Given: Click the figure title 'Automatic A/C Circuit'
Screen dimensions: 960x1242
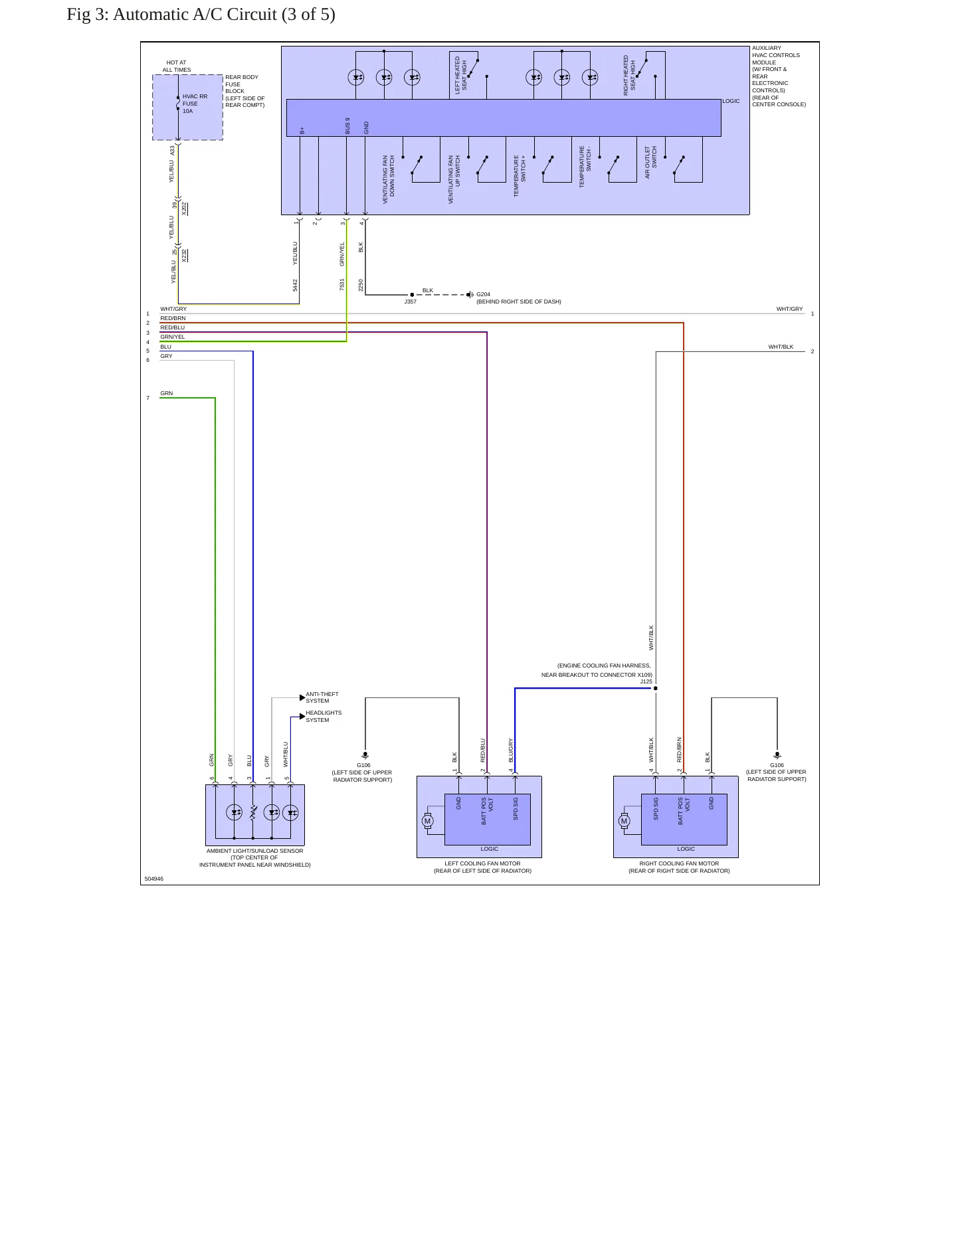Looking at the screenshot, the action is point(195,15).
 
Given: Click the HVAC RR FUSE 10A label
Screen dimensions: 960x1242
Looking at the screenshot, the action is point(195,104).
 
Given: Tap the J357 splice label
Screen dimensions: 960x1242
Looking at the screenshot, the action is point(411,302).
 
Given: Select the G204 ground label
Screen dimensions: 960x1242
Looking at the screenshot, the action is point(483,294).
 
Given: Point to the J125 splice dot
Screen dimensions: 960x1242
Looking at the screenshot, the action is point(656,688).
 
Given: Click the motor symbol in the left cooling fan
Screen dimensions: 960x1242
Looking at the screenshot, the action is point(427,821).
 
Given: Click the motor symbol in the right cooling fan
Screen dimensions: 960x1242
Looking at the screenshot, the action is point(624,821).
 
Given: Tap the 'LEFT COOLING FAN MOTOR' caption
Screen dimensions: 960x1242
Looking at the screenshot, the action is point(482,863).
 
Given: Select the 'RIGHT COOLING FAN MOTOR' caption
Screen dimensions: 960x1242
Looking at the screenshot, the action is point(679,863).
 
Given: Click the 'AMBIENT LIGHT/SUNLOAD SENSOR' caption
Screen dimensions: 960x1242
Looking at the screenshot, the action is point(254,851).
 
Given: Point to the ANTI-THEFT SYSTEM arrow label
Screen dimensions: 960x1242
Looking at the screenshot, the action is point(322,697).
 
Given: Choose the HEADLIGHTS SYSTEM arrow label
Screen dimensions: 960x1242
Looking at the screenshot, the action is point(324,716).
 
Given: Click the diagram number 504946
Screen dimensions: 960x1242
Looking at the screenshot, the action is point(153,879).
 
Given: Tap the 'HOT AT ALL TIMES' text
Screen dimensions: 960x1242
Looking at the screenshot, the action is point(177,66).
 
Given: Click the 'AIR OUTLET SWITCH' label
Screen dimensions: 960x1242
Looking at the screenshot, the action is point(650,162).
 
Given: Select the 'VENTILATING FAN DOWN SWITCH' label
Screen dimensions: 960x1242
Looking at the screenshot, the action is point(389,179).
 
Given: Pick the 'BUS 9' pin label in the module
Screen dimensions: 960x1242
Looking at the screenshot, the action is point(347,126).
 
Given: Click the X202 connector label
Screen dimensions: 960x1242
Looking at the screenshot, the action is point(184,209).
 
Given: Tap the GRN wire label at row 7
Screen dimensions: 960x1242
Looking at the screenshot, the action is point(166,393).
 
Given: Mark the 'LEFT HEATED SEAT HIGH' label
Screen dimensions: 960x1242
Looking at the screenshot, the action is point(460,75).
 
